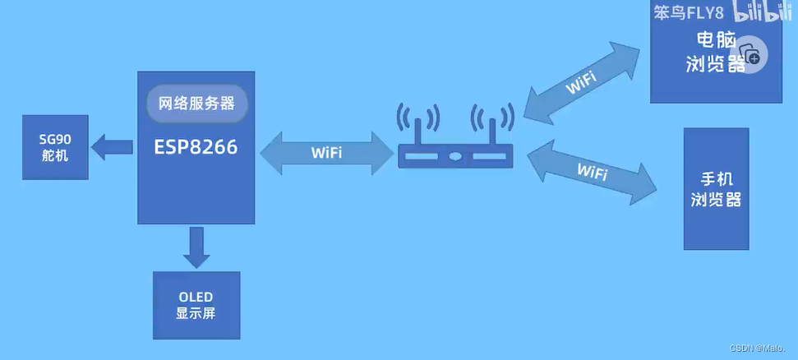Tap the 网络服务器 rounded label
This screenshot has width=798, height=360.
pyautogui.click(x=197, y=104)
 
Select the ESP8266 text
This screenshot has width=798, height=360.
pyautogui.click(x=196, y=147)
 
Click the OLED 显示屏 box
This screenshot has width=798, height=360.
pyautogui.click(x=196, y=304)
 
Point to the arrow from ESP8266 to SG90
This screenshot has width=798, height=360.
pyautogui.click(x=112, y=148)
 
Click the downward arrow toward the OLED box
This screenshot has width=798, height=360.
pyautogui.click(x=196, y=247)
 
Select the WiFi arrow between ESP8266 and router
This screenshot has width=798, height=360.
pyautogui.click(x=326, y=154)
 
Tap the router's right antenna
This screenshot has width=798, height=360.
pyautogui.click(x=492, y=129)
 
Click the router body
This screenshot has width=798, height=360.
pyautogui.click(x=454, y=155)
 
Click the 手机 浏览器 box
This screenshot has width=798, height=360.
pyautogui.click(x=716, y=189)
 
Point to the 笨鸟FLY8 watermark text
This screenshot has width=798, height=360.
pyautogui.click(x=689, y=13)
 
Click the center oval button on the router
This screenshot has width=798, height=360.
pyautogui.click(x=454, y=155)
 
